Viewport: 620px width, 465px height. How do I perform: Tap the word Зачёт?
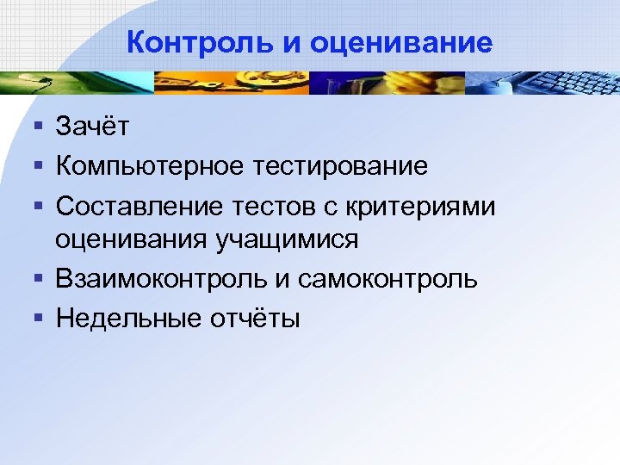93,127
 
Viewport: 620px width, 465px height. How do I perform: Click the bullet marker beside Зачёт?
39,127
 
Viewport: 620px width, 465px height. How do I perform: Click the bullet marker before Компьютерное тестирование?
39,164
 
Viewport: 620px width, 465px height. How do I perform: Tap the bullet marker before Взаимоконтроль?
39,278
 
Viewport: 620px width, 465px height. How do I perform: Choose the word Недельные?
129,318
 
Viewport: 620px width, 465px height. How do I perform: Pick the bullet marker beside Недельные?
39,318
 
